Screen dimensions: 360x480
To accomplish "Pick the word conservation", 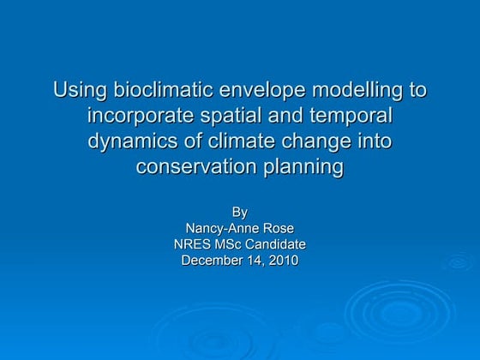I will point(191,166).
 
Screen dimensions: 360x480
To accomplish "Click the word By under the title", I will point(240,211).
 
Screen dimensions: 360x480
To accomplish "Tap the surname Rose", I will point(279,227).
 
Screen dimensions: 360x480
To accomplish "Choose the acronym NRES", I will point(194,244).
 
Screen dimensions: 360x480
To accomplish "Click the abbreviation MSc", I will point(231,244).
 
